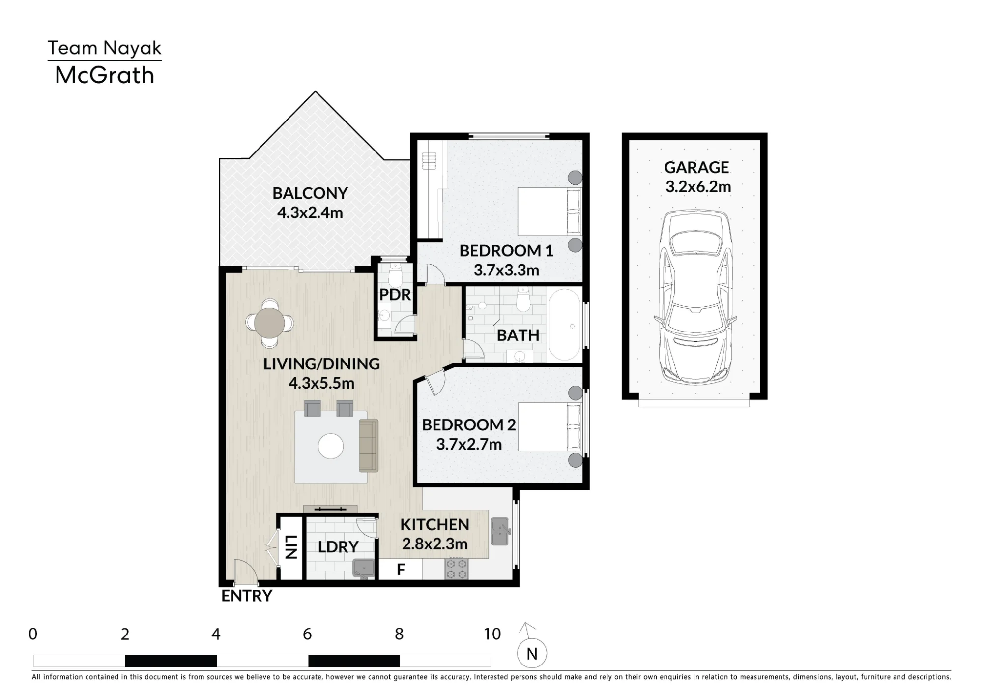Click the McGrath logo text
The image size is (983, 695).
[x=105, y=75]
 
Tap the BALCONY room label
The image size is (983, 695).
[x=310, y=193]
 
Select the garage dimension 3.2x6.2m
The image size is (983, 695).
[x=698, y=187]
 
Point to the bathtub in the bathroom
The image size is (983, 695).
[x=565, y=325]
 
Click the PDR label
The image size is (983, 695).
[x=395, y=295]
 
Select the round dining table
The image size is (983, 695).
[x=269, y=323]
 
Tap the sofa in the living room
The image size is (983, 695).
[x=369, y=446]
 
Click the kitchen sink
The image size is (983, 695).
[x=500, y=531]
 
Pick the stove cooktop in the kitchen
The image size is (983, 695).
[x=457, y=569]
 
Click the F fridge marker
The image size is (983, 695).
[x=401, y=570]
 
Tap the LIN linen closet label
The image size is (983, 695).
[x=290, y=547]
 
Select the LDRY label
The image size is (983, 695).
[x=338, y=547]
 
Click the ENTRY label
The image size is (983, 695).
[x=247, y=596]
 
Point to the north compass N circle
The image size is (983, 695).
[x=532, y=654]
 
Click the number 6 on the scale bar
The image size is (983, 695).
[x=307, y=634]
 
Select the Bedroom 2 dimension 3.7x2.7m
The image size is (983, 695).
[x=469, y=444]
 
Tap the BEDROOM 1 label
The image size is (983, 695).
[x=506, y=251]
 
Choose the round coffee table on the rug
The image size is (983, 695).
[x=331, y=446]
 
